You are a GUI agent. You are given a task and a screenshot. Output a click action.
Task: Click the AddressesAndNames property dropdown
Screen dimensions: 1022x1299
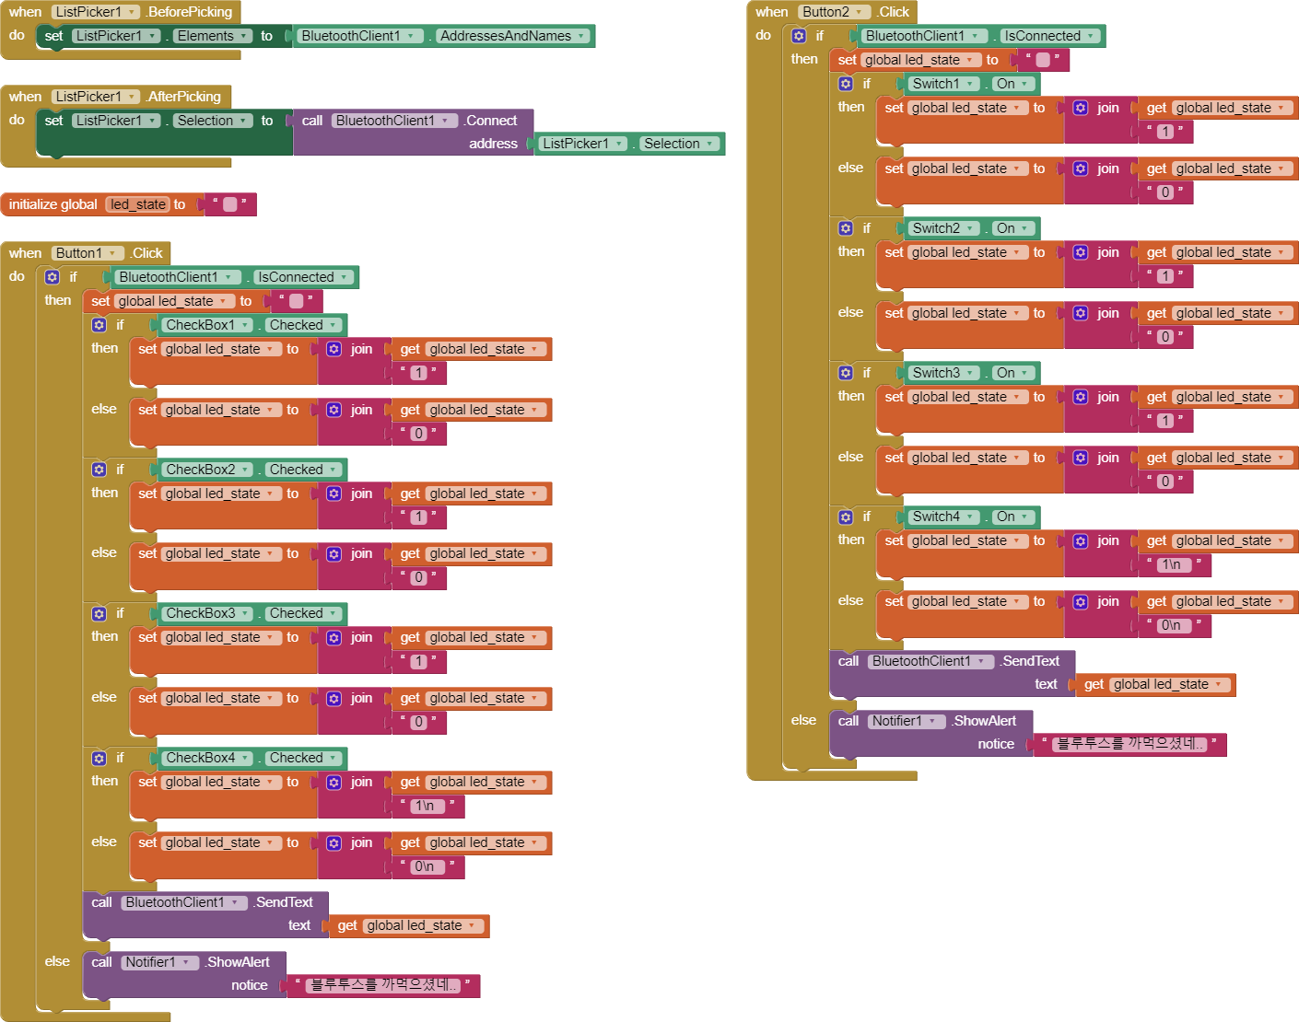tap(512, 36)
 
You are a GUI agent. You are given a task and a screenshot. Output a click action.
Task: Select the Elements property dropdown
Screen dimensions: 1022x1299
tap(212, 36)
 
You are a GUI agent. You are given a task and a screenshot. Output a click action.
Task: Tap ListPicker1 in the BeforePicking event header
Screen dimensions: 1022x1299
tap(95, 12)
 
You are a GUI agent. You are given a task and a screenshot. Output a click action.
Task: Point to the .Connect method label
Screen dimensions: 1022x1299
tap(491, 121)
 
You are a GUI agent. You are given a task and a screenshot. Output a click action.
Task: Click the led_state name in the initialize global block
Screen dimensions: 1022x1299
tap(137, 204)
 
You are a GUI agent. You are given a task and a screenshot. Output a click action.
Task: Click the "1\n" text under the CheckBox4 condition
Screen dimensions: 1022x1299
tap(425, 806)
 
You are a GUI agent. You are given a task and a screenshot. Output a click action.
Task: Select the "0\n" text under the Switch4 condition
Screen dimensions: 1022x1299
tap(1171, 625)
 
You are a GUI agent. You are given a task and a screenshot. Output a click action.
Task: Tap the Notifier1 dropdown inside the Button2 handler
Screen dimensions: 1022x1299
tap(906, 721)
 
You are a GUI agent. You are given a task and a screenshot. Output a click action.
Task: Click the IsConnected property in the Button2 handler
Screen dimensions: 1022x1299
tap(1048, 36)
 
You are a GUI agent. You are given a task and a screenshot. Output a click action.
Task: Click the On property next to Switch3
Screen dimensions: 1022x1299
tap(1012, 373)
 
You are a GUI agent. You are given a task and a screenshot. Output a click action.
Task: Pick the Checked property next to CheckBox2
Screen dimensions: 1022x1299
tap(302, 470)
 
